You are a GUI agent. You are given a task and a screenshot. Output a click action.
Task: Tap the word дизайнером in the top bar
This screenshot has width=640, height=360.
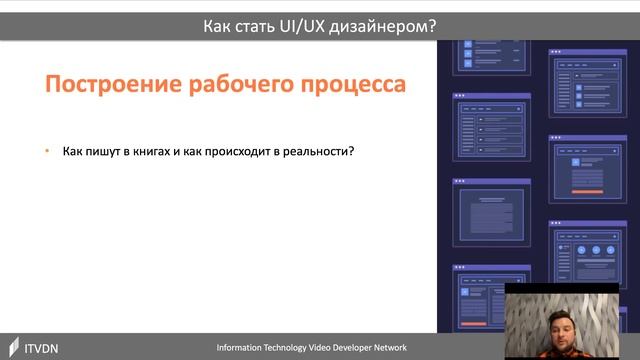pos(381,27)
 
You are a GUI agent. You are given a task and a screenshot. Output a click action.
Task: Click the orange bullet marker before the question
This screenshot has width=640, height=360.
pos(46,151)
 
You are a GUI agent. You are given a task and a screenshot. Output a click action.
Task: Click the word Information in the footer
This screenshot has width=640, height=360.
pos(244,347)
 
